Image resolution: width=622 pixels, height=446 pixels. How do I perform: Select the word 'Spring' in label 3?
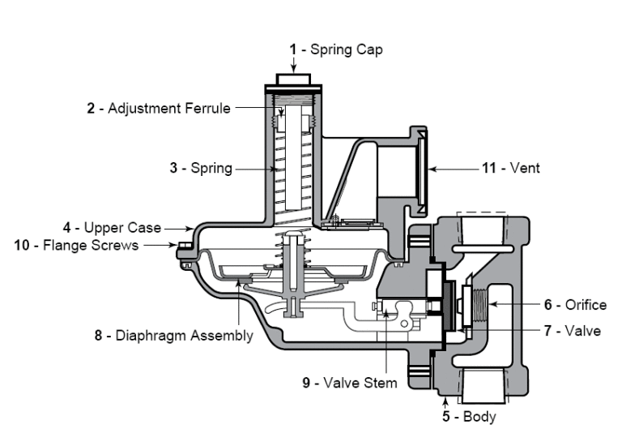(x=213, y=169)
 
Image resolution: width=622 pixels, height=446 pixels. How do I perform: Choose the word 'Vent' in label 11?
(x=525, y=169)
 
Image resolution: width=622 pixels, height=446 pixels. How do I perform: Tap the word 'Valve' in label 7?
(x=583, y=331)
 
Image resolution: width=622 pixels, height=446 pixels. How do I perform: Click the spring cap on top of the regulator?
(x=294, y=79)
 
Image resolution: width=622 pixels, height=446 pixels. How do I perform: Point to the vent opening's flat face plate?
(x=424, y=169)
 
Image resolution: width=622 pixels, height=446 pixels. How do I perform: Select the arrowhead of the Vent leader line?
(x=432, y=169)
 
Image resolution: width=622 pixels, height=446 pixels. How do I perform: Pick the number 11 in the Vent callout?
(x=488, y=169)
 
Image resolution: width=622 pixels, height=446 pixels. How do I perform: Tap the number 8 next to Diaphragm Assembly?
(x=98, y=335)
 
